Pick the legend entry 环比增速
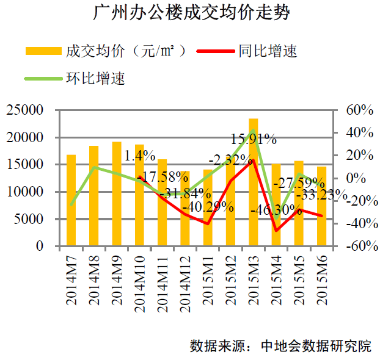[95, 78]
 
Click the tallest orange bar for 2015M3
[254, 183]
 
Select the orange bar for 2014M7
[71, 201]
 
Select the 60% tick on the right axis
[359, 110]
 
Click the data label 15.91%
[254, 139]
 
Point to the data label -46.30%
[276, 211]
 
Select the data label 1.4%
[139, 156]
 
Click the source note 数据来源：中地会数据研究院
[280, 345]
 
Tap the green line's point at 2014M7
[71, 205]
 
